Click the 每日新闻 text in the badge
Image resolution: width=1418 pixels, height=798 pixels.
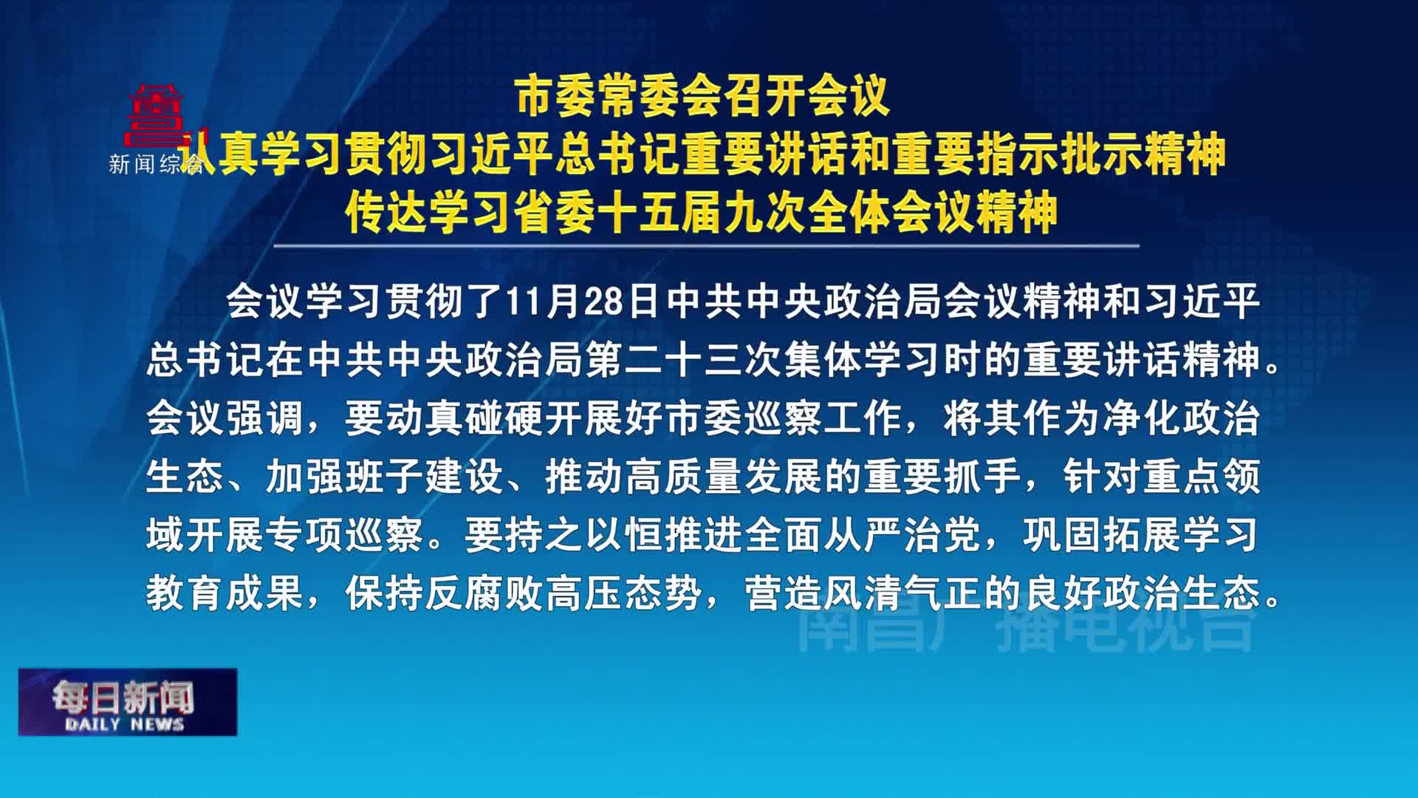pyautogui.click(x=123, y=697)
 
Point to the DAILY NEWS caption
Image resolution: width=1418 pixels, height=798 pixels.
pyautogui.click(x=124, y=724)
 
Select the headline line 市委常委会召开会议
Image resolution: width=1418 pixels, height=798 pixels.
pyautogui.click(x=703, y=97)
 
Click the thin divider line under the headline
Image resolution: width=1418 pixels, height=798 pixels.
pyautogui.click(x=706, y=245)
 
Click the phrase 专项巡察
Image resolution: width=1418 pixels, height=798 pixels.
pyautogui.click(x=345, y=535)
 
